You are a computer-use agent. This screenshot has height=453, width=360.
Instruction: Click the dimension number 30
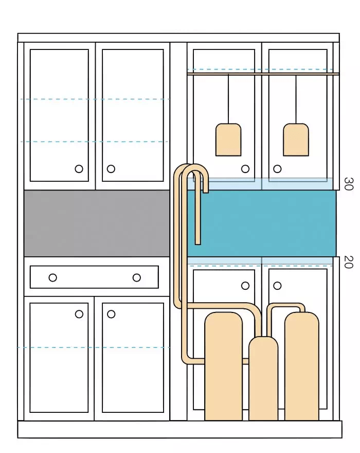[349, 184]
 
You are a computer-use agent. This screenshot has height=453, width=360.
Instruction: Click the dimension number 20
[349, 262]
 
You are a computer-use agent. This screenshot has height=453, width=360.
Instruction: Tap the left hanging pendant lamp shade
[228, 140]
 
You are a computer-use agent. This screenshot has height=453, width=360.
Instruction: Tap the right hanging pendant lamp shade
[296, 140]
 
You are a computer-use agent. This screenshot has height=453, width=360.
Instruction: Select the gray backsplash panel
[97, 223]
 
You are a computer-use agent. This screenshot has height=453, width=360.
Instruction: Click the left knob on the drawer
[52, 277]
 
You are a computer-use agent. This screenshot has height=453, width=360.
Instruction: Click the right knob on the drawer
[137, 277]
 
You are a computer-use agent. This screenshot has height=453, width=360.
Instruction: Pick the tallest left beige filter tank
[223, 366]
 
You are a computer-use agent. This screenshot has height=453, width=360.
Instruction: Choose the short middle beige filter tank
[263, 378]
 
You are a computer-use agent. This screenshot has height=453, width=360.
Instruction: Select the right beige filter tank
[302, 366]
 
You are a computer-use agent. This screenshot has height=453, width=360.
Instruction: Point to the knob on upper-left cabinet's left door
[79, 169]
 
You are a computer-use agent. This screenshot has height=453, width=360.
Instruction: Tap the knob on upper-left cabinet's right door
[111, 169]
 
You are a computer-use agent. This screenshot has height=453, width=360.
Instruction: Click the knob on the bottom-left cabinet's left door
[79, 314]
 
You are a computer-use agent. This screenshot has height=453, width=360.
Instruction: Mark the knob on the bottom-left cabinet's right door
[111, 314]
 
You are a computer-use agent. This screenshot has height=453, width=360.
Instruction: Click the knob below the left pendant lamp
[245, 169]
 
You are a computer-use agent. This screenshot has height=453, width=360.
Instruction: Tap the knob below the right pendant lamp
[277, 169]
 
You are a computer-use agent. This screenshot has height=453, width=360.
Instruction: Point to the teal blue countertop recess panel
[262, 223]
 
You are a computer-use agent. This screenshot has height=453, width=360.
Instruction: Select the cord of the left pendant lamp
[228, 99]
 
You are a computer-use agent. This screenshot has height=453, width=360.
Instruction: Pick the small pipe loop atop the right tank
[285, 305]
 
